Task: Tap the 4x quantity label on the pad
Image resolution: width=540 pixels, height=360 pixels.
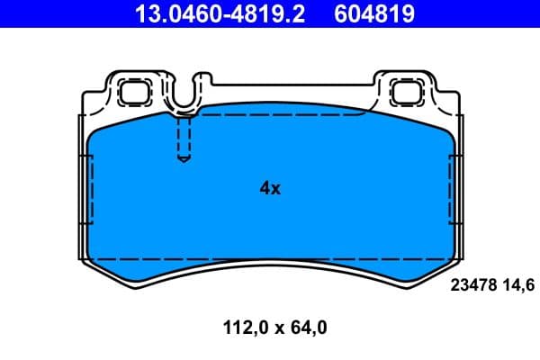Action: pyautogui.click(x=270, y=188)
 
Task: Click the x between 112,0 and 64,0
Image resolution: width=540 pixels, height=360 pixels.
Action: pyautogui.click(x=273, y=329)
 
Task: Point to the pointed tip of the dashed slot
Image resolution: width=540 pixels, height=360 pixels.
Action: pyautogui.click(x=184, y=160)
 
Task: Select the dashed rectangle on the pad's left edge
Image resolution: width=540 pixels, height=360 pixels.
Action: pyautogui.click(x=87, y=207)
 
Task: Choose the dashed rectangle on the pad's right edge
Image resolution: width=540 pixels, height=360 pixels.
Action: pyautogui.click(x=454, y=207)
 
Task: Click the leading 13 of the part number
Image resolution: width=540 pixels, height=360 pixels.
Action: pyautogui.click(x=144, y=13)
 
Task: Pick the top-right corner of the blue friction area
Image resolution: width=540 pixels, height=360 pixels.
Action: pyautogui.click(x=441, y=121)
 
